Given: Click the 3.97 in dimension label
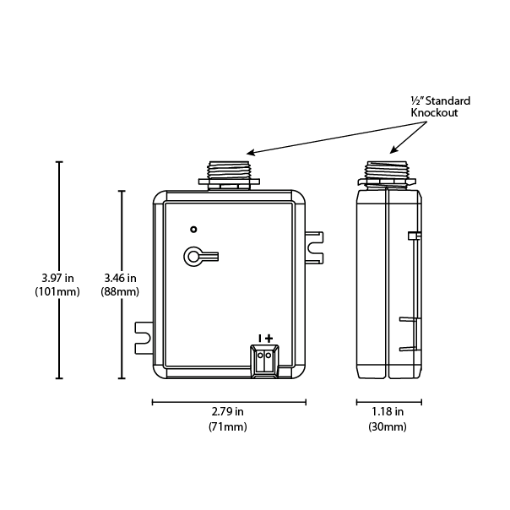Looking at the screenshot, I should point(57,277).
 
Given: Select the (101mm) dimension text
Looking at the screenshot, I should point(57,292).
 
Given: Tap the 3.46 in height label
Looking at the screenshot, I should point(120,277).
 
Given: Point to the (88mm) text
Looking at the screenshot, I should point(120,292).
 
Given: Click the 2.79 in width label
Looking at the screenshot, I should point(227,412).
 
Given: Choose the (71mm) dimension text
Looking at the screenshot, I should point(227,427).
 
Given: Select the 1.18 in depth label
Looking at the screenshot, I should point(388,412).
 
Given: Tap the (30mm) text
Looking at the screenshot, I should point(388,427).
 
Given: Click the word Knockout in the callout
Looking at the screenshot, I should point(434,113).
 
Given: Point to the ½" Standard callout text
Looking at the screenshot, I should point(440,100).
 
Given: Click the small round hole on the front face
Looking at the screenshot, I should point(193,229).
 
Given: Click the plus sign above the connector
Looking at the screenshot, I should point(269,338).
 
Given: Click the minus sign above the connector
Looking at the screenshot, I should point(259,338).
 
